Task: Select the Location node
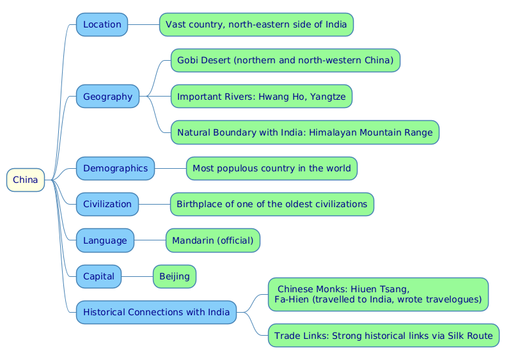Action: [x=102, y=24]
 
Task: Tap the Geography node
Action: [x=107, y=97]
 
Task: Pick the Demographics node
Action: [x=115, y=168]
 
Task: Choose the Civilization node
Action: [x=107, y=204]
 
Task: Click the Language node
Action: [x=105, y=240]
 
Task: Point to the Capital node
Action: [x=99, y=276]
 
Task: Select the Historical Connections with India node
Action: [x=156, y=312]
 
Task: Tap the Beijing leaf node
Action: [x=174, y=276]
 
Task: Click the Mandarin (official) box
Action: [x=212, y=240]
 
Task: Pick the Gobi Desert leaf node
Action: [x=285, y=61]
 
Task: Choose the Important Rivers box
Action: [x=261, y=97]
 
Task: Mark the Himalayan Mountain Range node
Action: [x=304, y=132]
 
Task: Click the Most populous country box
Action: [x=271, y=168]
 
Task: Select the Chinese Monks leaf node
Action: [x=377, y=293]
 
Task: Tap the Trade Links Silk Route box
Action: [x=383, y=335]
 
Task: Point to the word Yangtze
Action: [x=326, y=97]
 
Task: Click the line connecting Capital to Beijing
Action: [x=137, y=276]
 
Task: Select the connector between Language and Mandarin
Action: [x=150, y=240]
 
